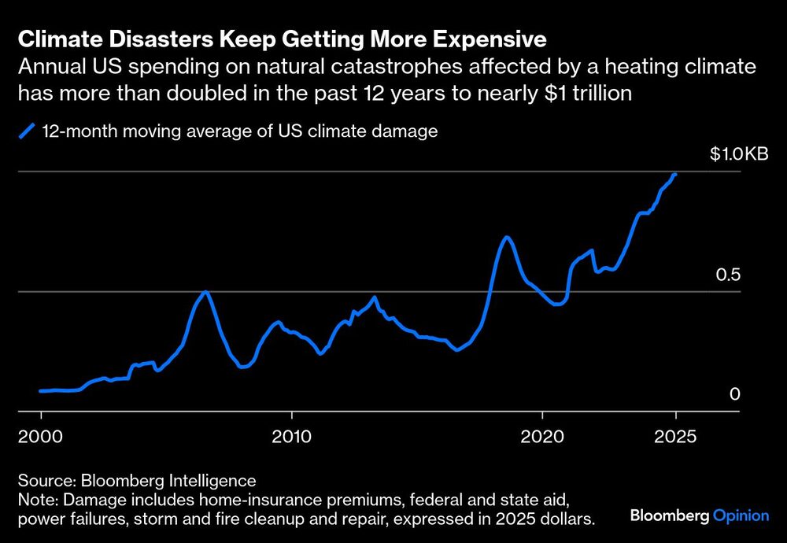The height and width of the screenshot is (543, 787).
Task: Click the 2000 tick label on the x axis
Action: [41, 437]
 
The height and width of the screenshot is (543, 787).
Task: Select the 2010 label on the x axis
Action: [292, 437]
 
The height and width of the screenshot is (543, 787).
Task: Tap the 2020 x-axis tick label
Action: [542, 437]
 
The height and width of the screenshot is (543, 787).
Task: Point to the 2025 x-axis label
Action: [674, 437]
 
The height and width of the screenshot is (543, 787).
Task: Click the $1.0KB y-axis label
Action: [738, 154]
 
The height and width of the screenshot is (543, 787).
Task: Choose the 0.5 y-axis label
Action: [729, 275]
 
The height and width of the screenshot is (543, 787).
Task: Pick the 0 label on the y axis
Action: [735, 393]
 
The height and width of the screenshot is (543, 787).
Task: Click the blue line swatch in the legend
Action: [28, 131]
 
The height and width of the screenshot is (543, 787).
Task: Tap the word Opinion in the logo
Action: [741, 516]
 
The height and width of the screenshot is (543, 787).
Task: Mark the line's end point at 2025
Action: [674, 175]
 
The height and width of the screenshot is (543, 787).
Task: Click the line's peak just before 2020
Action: [507, 237]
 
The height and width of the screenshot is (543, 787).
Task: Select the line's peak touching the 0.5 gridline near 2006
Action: [206, 292]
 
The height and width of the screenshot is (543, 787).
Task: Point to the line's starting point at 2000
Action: [41, 390]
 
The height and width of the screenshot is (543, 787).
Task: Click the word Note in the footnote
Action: [35, 499]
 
